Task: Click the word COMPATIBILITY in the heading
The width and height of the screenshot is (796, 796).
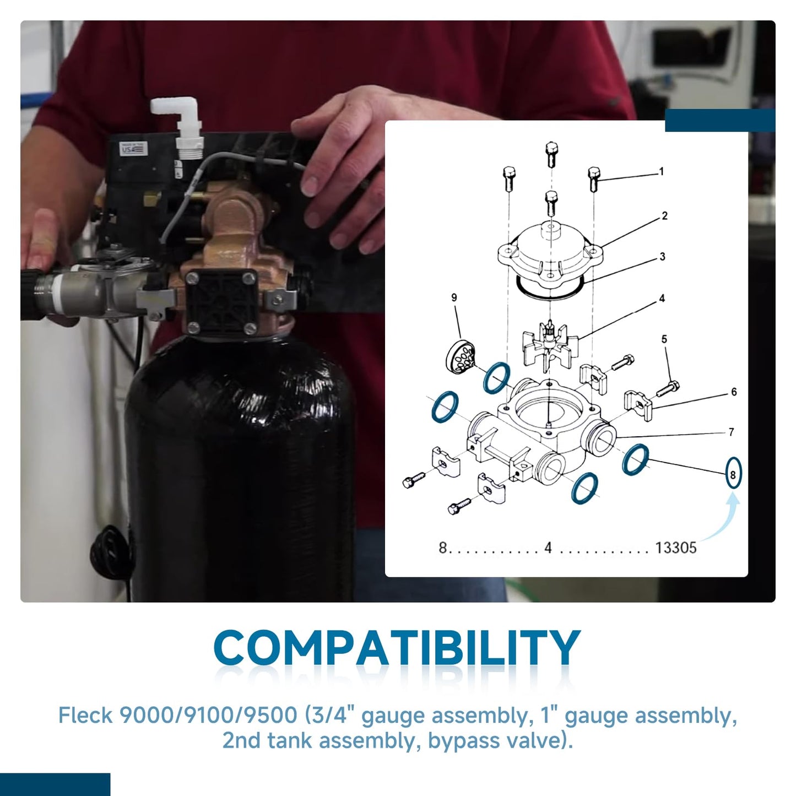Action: point(397,648)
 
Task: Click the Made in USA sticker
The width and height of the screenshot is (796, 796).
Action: point(133,148)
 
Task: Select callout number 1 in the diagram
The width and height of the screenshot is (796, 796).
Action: point(662,171)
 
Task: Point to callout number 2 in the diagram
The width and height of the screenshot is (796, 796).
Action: point(665,215)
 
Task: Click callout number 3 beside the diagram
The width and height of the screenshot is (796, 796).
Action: point(663,257)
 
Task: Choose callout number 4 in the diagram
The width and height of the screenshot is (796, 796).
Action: point(662,298)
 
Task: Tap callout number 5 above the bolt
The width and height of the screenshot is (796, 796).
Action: point(664,339)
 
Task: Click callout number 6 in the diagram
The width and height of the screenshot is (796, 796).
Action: point(734,392)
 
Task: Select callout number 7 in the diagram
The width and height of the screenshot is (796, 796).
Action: point(732,432)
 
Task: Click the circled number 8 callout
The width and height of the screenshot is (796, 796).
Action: point(733,473)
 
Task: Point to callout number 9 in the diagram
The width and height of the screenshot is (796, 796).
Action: point(454,297)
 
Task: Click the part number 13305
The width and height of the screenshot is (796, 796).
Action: point(676,548)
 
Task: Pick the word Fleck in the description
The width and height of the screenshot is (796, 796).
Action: point(85,716)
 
